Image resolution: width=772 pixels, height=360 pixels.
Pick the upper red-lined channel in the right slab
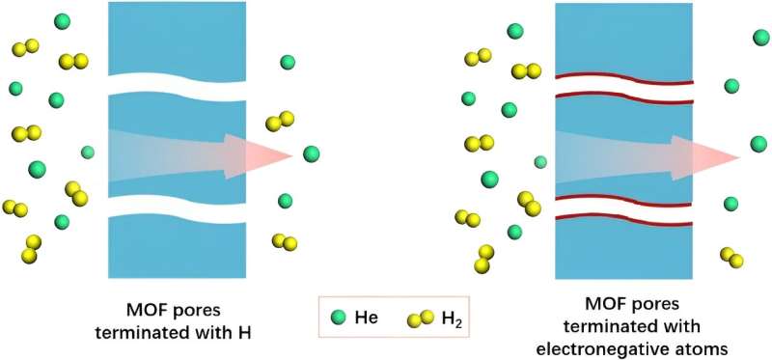pyautogui.click(x=623, y=86)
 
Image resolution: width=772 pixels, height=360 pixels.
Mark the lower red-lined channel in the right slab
pyautogui.click(x=623, y=210)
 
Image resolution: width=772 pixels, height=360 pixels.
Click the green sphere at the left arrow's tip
pyautogui.click(x=311, y=153)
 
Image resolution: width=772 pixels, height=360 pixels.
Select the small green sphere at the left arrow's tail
pyautogui.click(x=88, y=152)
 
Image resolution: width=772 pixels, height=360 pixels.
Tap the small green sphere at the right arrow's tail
pyautogui.click(x=540, y=161)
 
